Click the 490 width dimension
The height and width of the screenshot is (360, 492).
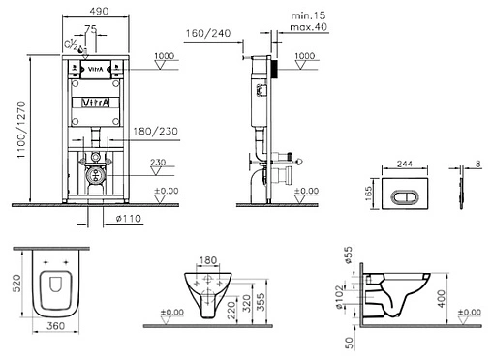(x=94, y=9)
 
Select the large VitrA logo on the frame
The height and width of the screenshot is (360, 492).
(x=94, y=101)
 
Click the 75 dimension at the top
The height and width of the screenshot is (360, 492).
(x=90, y=31)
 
